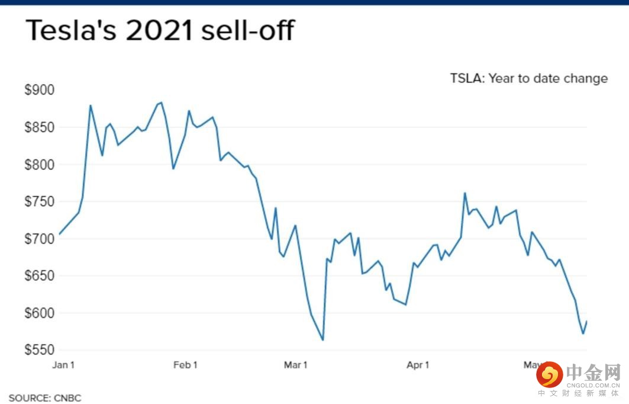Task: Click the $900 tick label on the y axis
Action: coord(39,90)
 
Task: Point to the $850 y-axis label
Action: coord(39,127)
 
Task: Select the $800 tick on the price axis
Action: coord(39,165)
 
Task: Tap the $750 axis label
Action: coord(39,201)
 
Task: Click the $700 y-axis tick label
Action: coord(39,239)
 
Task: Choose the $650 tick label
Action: coord(39,276)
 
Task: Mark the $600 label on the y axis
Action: coord(39,313)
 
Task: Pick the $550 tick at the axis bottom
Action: coord(39,350)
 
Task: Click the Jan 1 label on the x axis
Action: coord(63,365)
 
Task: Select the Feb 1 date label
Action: coord(185,365)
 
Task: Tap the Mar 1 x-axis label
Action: coord(295,365)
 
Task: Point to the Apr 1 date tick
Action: coord(418,365)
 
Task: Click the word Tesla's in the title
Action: coord(70,31)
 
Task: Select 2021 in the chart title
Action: coord(159,31)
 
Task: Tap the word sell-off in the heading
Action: coord(247,31)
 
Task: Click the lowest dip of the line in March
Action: coord(322,340)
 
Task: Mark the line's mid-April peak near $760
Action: coord(465,193)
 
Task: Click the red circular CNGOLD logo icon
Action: coord(549,374)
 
